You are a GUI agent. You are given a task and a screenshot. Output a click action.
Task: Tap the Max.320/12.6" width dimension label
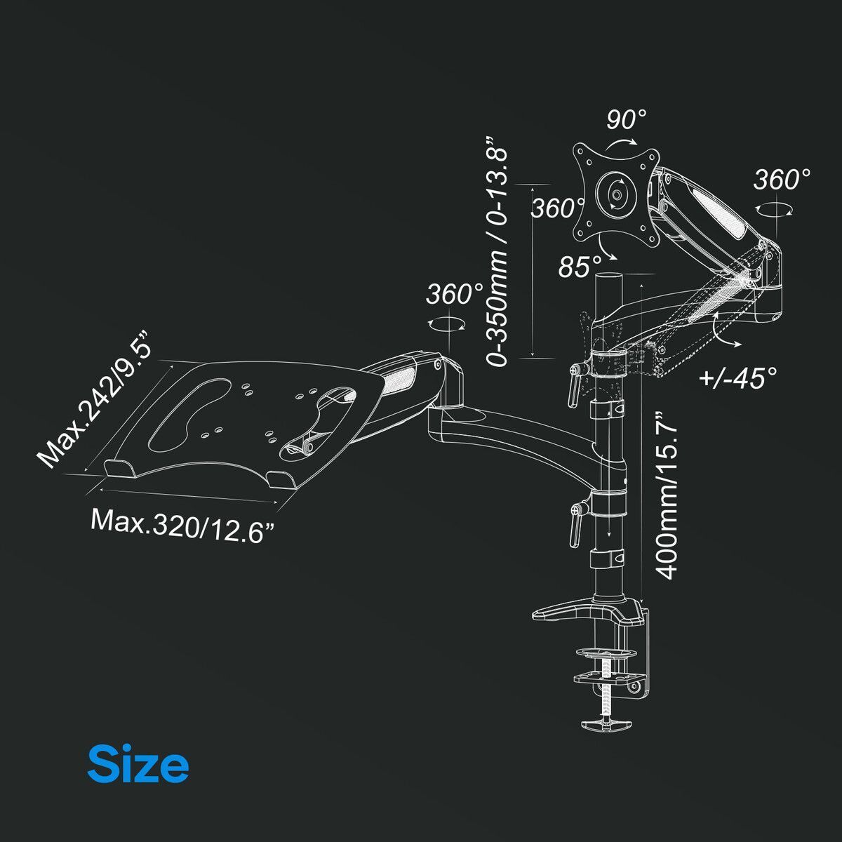click(x=183, y=527)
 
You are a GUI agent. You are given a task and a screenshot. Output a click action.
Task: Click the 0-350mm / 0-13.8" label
click(x=497, y=251)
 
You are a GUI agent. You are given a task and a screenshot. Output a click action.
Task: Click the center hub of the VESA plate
click(x=617, y=194)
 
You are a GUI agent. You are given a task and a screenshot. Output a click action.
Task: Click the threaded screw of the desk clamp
click(x=606, y=690)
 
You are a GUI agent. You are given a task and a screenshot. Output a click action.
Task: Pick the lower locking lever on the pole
click(x=575, y=526)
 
